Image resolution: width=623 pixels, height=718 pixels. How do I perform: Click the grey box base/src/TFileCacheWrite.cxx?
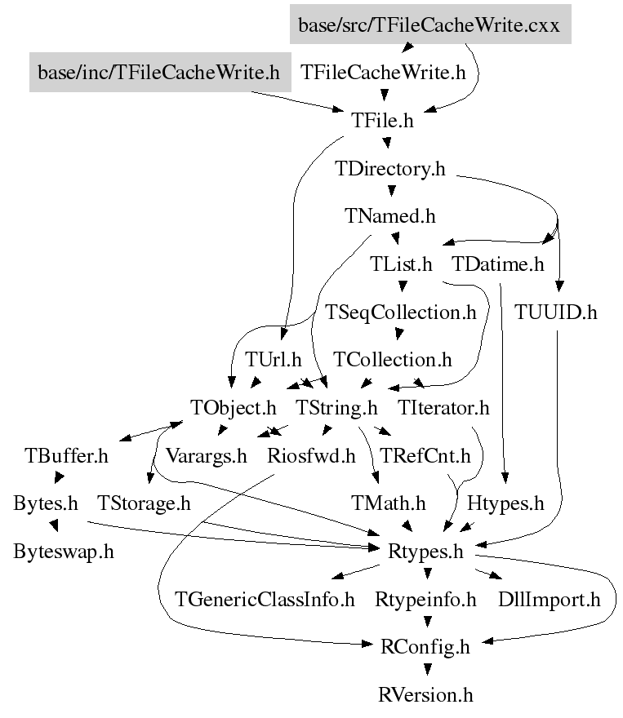tap(429, 25)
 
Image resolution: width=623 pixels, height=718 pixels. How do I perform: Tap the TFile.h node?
tap(383, 121)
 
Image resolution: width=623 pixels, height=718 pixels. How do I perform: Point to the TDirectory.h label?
tap(391, 169)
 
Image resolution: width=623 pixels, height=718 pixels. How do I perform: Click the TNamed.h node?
tap(390, 216)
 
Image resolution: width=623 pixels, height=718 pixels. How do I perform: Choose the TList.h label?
tap(400, 264)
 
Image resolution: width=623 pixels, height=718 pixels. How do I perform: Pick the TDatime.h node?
tap(497, 264)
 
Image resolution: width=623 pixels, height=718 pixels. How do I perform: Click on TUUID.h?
tap(556, 312)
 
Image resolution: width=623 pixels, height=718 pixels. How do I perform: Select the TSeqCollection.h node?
tap(400, 312)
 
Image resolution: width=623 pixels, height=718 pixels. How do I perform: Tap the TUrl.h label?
tap(274, 360)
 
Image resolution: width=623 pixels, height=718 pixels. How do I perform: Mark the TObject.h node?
tap(234, 407)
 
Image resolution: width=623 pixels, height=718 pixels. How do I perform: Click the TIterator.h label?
tap(444, 407)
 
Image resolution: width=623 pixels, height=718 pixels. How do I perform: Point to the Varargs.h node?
tap(207, 455)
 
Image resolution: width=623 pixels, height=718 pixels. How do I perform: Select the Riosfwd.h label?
tap(311, 455)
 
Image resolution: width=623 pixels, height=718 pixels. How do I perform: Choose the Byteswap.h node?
tap(64, 551)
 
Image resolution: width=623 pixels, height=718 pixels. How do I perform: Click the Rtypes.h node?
tap(425, 551)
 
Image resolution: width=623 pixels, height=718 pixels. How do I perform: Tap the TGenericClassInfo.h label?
tap(265, 600)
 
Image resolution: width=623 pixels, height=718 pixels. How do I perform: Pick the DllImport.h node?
tap(550, 600)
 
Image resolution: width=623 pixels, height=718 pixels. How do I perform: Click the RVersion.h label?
tap(425, 695)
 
